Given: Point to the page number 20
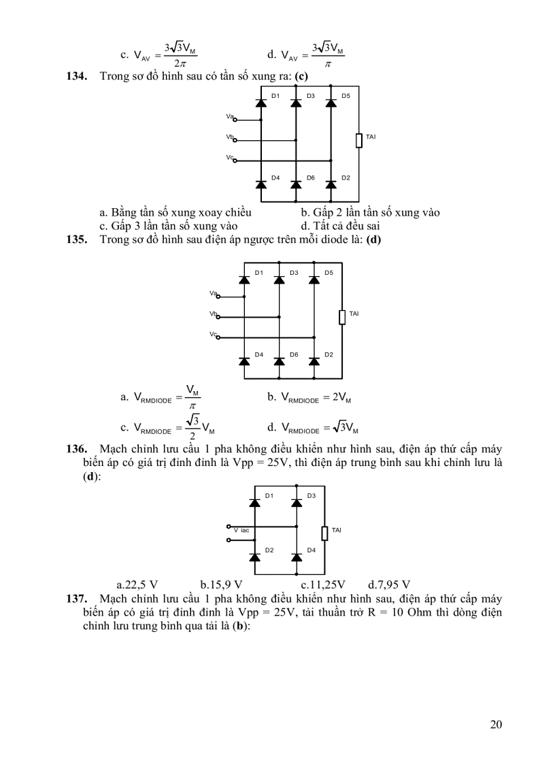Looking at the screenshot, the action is point(496,724).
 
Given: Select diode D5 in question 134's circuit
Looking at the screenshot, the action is point(331,103).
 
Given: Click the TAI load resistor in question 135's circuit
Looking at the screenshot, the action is point(342,317).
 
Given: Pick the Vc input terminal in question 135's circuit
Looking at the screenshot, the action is point(217,337).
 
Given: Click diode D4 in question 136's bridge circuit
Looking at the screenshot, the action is point(297,557).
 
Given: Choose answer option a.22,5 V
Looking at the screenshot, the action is point(137,584).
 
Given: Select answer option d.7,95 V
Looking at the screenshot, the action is point(389,584).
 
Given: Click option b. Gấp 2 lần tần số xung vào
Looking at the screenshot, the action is point(370,213).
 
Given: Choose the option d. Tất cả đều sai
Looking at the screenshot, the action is point(340,225).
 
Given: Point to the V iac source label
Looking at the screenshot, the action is point(241,529).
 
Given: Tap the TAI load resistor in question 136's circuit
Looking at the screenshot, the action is point(325,533).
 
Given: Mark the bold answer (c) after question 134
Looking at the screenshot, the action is point(302,76).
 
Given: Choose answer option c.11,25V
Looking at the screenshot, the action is point(323,584).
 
